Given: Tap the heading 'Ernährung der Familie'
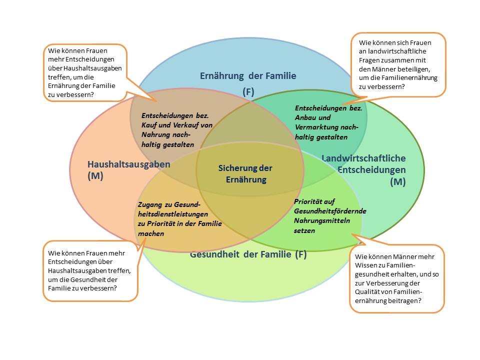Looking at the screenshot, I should (x=248, y=76).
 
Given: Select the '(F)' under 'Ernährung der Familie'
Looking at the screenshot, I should (x=248, y=91).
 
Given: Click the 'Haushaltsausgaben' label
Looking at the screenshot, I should (x=128, y=164).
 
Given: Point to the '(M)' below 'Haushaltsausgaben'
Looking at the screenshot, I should (x=95, y=175).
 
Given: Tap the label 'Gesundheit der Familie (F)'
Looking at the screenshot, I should (x=248, y=254).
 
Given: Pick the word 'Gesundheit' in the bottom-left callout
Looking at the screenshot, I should (x=97, y=279).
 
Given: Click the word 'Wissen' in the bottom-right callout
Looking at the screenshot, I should (x=365, y=266).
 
